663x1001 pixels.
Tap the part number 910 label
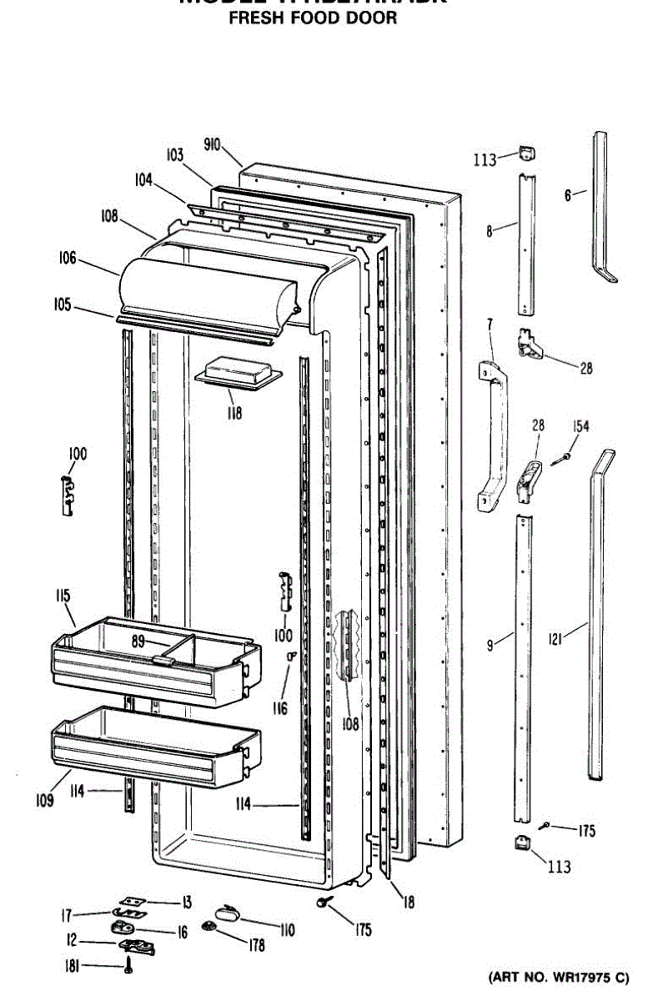(x=212, y=144)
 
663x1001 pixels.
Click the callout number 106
(x=68, y=259)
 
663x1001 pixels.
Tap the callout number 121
(x=556, y=640)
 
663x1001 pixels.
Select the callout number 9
(x=491, y=643)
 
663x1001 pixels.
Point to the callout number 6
(x=568, y=195)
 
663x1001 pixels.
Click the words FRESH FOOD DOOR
(x=314, y=18)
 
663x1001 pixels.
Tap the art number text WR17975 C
(x=582, y=977)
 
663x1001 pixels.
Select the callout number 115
(x=63, y=596)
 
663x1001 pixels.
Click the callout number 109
(x=45, y=802)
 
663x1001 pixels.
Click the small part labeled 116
(x=291, y=656)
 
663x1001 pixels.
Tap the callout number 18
(x=408, y=902)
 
